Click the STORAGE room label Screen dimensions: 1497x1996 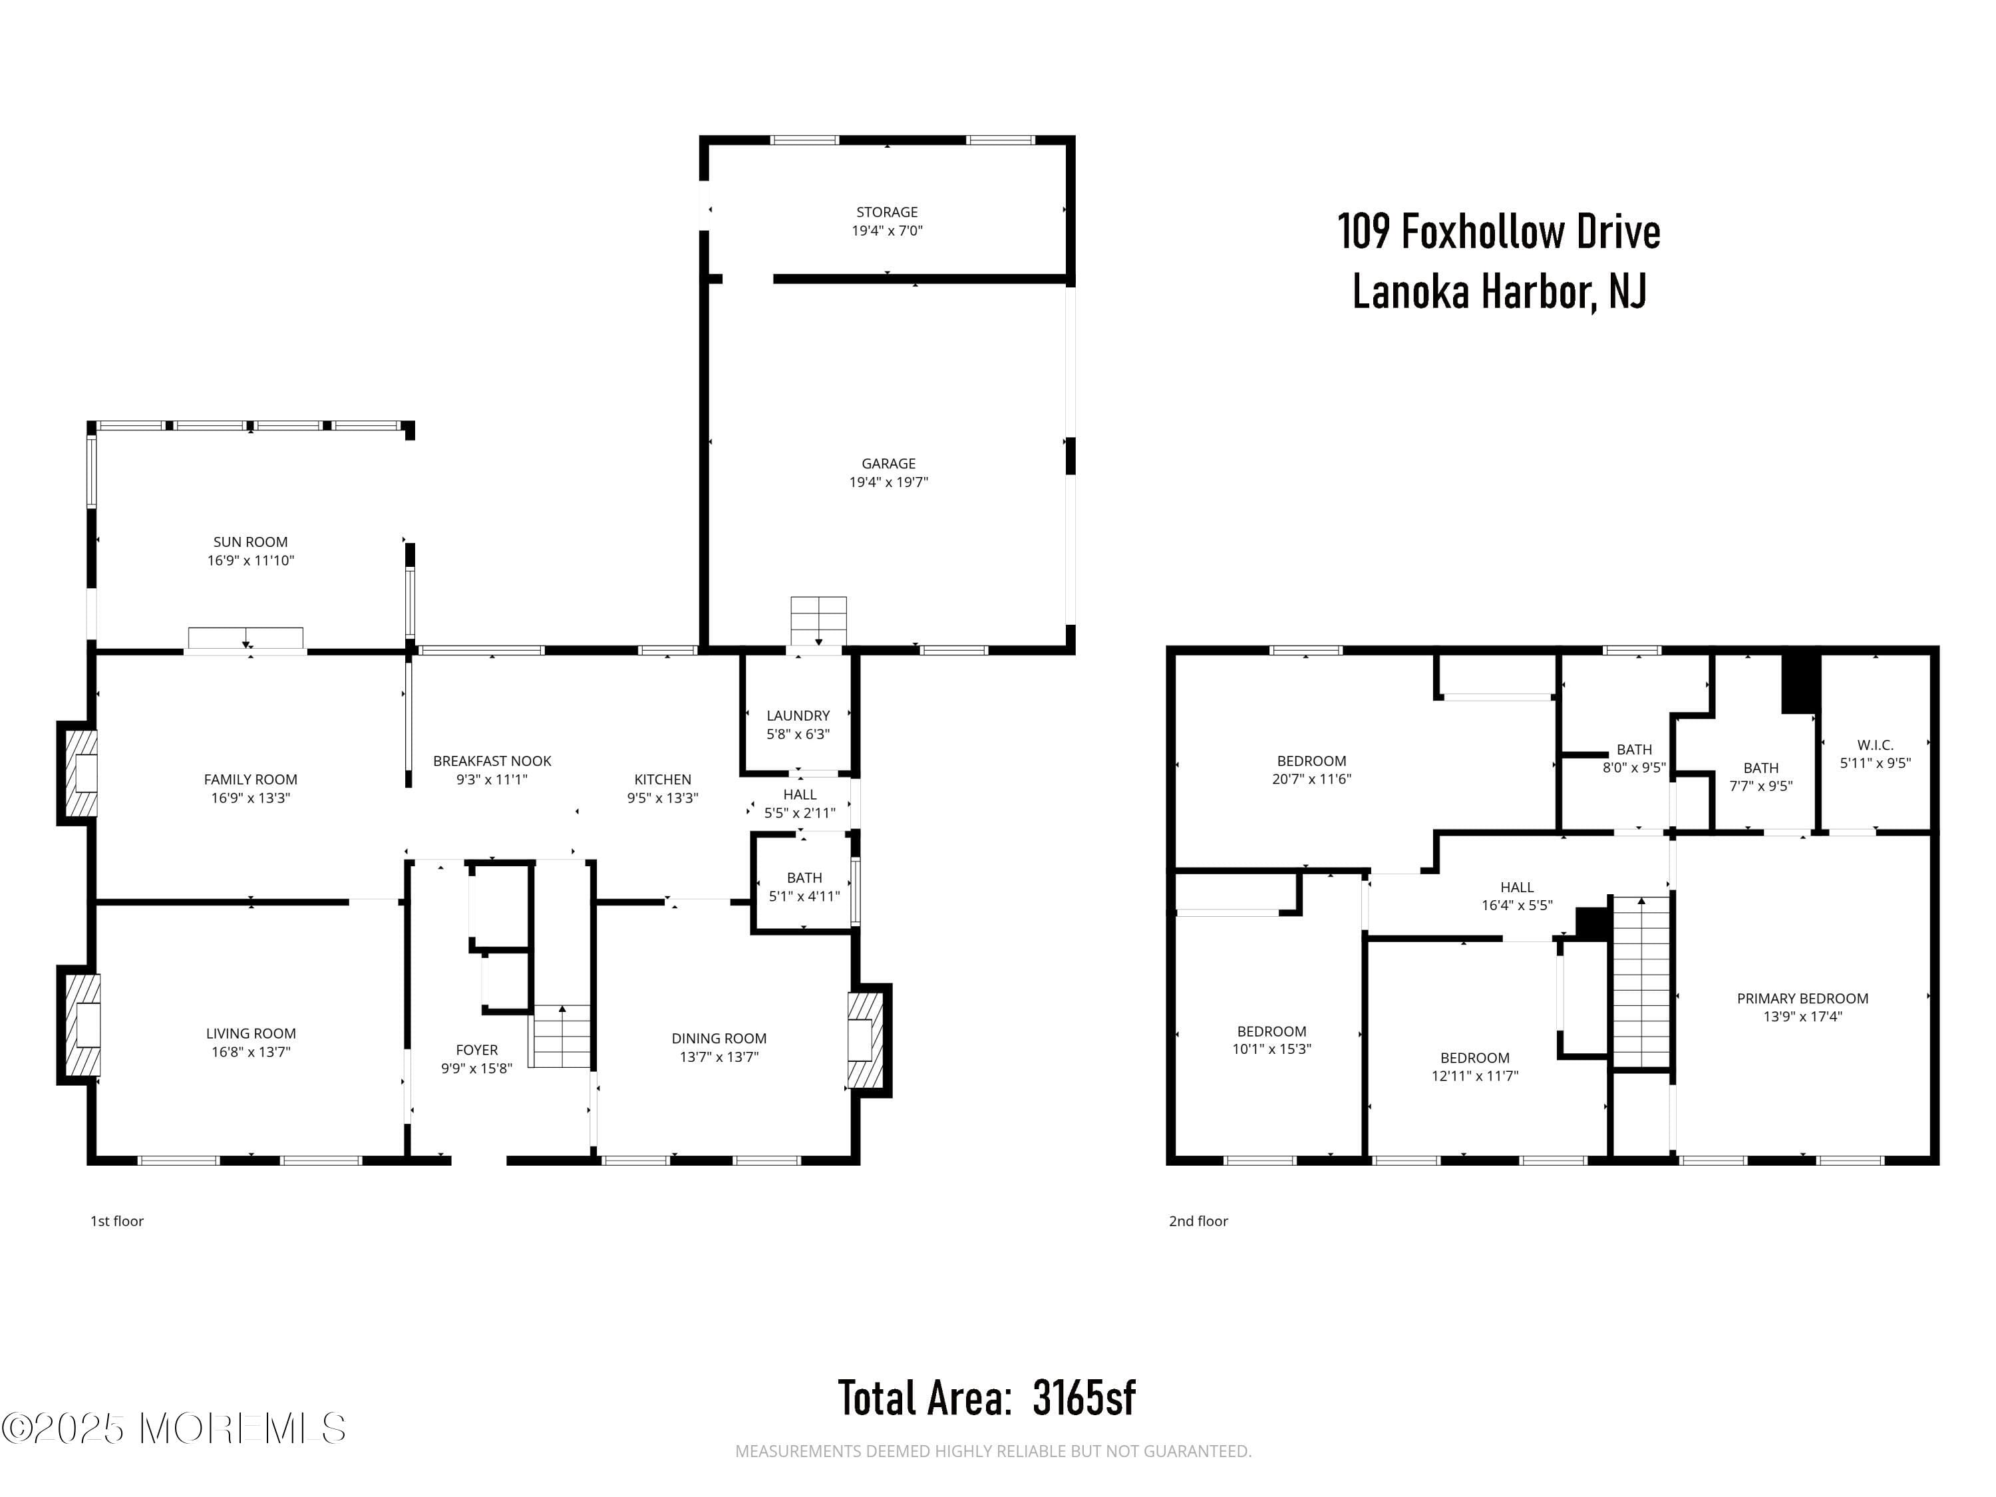point(886,212)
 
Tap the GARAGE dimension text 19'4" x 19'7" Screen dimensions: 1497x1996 point(888,482)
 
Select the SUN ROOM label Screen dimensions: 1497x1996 point(250,542)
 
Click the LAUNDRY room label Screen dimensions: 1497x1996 point(798,715)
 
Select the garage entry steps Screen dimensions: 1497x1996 point(818,620)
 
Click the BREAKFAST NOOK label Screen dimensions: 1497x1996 point(492,760)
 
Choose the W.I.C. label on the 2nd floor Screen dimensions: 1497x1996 point(1875,745)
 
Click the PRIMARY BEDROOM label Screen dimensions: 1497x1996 point(1802,998)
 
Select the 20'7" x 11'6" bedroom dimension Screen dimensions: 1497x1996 point(1311,778)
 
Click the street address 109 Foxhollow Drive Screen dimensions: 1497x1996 point(1498,232)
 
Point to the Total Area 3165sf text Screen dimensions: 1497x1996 point(986,1398)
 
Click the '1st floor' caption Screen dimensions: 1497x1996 point(116,1221)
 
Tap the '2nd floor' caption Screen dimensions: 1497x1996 point(1198,1221)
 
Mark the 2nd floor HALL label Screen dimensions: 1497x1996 point(1517,887)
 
